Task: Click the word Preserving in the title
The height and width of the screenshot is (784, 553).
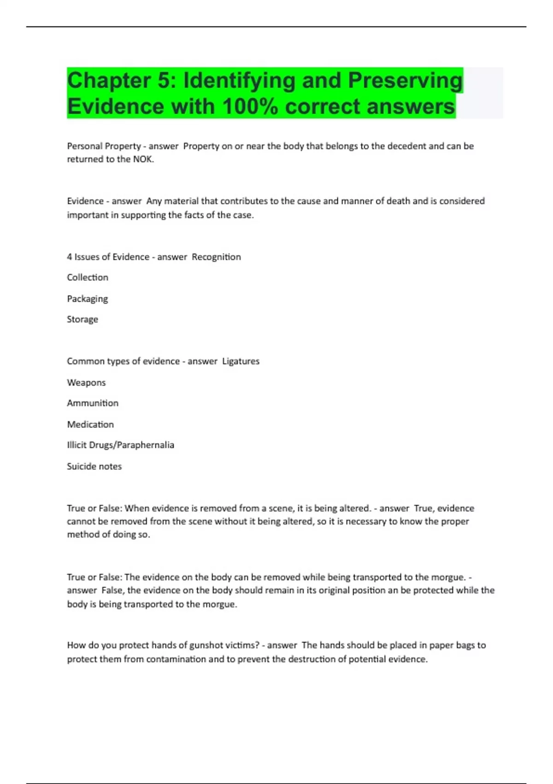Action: (x=405, y=81)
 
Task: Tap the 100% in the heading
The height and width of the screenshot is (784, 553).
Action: (x=250, y=107)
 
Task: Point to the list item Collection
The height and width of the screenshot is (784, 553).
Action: (x=88, y=278)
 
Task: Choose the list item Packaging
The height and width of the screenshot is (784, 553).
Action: (x=88, y=299)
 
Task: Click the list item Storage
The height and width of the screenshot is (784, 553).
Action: (x=82, y=319)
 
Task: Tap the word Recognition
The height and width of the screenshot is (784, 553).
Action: (x=216, y=257)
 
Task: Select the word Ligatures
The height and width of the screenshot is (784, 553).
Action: (x=241, y=361)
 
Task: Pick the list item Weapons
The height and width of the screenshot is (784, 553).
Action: (x=86, y=383)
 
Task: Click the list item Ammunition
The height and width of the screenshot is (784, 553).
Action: (x=93, y=403)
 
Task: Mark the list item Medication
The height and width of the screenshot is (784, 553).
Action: (x=90, y=424)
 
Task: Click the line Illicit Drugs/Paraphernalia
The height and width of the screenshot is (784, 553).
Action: (x=120, y=445)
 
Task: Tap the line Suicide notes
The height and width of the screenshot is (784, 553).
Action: (x=94, y=466)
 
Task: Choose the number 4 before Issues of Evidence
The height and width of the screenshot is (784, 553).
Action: (x=70, y=257)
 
